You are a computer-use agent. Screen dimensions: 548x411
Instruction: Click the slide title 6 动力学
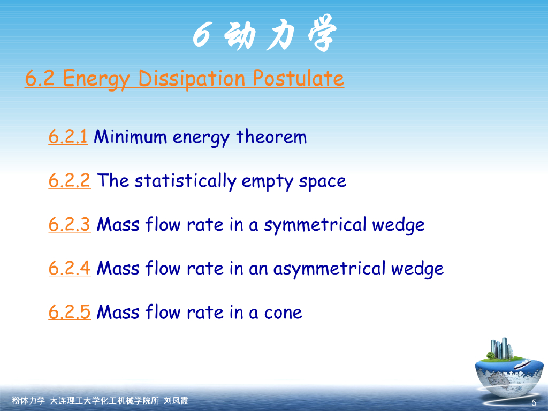[x=264, y=33]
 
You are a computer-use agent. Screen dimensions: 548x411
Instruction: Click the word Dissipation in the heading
[x=192, y=78]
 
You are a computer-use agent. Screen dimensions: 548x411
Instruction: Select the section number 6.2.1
[x=68, y=136]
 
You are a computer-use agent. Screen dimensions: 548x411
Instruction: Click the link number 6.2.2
[x=69, y=180]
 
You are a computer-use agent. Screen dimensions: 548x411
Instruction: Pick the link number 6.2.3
[x=69, y=224]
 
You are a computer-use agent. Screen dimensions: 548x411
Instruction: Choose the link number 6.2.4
[x=69, y=268]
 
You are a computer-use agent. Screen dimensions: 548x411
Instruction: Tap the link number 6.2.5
[x=69, y=312]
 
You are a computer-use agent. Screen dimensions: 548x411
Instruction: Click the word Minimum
[x=131, y=136]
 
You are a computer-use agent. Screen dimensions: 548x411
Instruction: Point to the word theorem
[x=271, y=136]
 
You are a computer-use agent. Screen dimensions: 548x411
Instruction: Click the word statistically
[x=186, y=181]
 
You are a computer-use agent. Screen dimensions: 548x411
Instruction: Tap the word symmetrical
[x=315, y=225]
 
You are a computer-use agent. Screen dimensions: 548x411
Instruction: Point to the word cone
[x=283, y=313]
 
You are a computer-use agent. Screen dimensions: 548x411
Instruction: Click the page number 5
[x=534, y=403]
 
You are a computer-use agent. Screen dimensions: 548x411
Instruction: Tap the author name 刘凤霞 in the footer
[x=176, y=400]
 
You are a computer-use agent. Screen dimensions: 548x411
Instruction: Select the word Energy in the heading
[x=96, y=78]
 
